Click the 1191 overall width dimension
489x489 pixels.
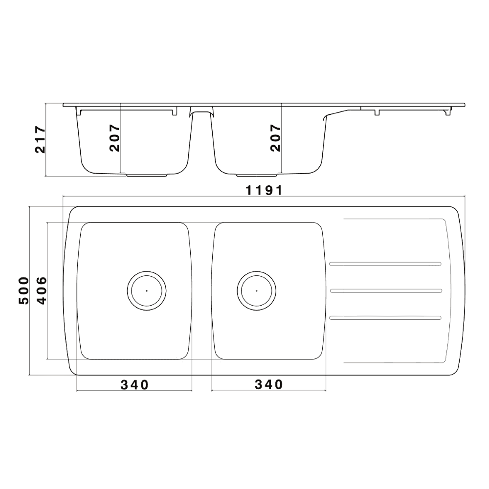tap(264, 190)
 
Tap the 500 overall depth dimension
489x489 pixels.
tap(23, 290)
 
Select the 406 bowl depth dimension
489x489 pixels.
tap(42, 290)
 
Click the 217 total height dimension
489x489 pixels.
tap(40, 140)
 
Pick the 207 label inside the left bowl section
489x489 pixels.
tap(114, 137)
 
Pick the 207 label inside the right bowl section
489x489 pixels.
tap(275, 137)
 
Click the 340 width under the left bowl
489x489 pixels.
tap(134, 385)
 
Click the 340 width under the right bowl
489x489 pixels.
tap(268, 385)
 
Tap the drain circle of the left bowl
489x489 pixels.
tap(147, 290)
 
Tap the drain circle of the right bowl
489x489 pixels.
tap(256, 290)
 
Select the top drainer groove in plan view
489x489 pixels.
tap(386, 265)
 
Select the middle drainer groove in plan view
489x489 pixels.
tap(386, 291)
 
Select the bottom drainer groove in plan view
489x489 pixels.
tap(386, 318)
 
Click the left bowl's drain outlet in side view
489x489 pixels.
tap(147, 175)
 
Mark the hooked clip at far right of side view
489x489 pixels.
tap(447, 112)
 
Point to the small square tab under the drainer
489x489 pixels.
tap(377, 112)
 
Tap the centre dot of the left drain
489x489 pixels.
tap(147, 290)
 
